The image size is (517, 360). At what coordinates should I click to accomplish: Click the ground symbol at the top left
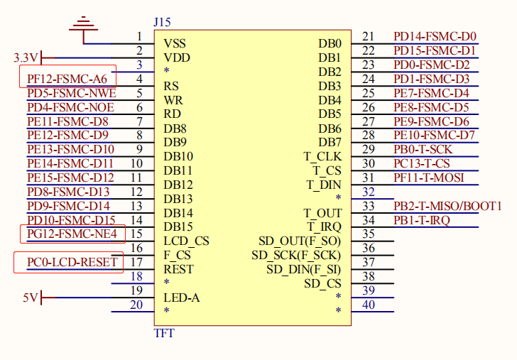tap(85, 26)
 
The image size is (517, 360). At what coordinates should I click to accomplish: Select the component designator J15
tap(162, 23)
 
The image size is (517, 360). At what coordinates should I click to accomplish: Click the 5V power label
tap(29, 298)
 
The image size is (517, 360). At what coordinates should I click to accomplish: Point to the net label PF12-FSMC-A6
tap(67, 79)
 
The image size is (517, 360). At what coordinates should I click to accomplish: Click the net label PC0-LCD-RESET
tap(72, 262)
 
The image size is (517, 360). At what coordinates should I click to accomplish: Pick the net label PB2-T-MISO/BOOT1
tap(447, 206)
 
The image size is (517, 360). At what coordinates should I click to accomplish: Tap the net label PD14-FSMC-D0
tap(435, 37)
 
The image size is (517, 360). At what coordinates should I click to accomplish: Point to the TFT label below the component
tap(163, 332)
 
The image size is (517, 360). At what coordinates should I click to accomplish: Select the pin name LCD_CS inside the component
tap(186, 241)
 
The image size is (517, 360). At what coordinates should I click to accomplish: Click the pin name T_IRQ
tap(324, 227)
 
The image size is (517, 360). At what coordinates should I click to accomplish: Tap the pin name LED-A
tap(181, 298)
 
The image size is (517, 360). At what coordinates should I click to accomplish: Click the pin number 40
tap(368, 305)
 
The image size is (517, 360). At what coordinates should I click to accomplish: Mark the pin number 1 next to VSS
tap(139, 37)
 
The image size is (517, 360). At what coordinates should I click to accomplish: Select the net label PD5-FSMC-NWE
tap(71, 93)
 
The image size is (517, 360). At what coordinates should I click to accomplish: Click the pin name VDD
tap(176, 58)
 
